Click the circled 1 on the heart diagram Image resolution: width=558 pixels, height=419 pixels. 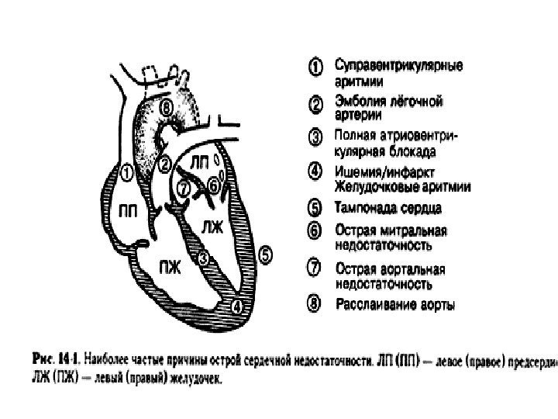click(x=126, y=169)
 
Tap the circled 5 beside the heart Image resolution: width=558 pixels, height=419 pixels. click(x=266, y=253)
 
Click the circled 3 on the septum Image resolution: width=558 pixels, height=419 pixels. click(x=203, y=257)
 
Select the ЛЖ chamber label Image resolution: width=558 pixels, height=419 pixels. click(x=212, y=226)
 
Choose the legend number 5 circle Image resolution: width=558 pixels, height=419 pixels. click(x=315, y=208)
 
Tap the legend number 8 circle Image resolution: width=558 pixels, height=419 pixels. click(x=315, y=304)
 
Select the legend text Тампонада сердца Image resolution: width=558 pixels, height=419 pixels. click(x=388, y=208)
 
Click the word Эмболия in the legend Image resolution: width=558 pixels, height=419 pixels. click(x=357, y=101)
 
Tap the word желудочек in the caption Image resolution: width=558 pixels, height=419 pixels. click(x=192, y=380)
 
